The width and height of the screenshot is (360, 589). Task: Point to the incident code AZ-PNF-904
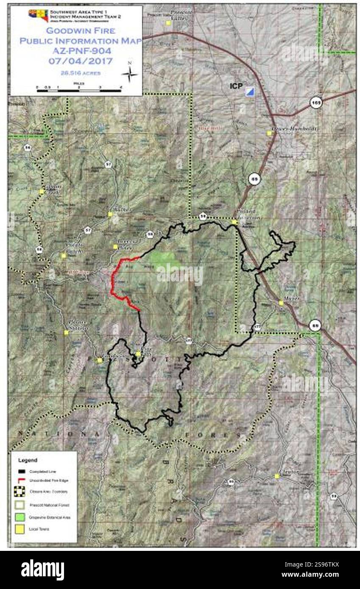[81, 51]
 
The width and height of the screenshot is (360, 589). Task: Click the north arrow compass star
[130, 74]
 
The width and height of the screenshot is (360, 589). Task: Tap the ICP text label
[236, 86]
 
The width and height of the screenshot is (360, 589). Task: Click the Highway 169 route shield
[315, 103]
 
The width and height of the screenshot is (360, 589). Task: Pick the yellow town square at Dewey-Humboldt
[269, 133]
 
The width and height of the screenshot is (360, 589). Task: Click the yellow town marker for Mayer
[281, 303]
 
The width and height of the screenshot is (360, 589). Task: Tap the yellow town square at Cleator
[277, 476]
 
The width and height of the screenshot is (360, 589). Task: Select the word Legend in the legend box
[28, 460]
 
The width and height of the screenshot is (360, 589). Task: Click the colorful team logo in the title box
[38, 14]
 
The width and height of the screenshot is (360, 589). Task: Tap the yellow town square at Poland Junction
[234, 222]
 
